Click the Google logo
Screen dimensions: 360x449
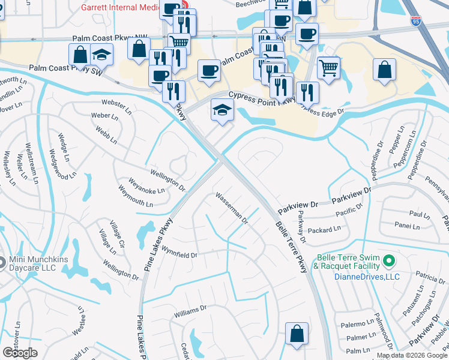[20, 353]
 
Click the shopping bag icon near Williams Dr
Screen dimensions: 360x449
[297, 334]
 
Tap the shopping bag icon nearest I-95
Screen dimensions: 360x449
[384, 69]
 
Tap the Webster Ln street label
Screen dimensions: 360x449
[116, 106]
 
